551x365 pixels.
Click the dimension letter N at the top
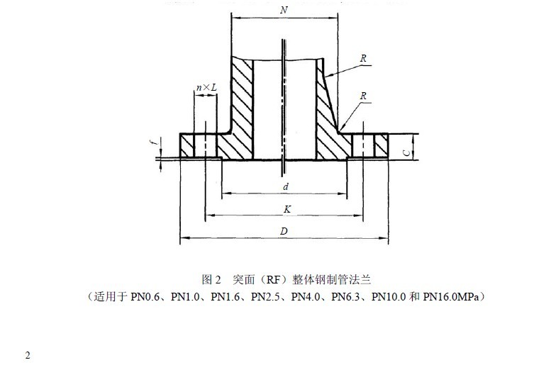tap(284, 10)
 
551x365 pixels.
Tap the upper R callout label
tap(363, 58)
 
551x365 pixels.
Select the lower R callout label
tap(363, 96)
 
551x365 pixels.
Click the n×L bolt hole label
tap(206, 87)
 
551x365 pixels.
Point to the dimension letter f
tap(152, 142)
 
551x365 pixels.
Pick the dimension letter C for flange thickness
tap(406, 152)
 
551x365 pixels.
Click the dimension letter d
tap(286, 186)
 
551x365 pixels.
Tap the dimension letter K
tap(287, 209)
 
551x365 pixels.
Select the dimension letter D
tap(284, 231)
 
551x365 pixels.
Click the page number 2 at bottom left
tap(28, 355)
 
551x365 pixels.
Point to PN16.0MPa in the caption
tap(451, 297)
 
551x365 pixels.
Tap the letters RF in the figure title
tap(273, 280)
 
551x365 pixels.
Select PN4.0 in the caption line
tap(306, 297)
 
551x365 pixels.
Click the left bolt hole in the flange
tap(205, 145)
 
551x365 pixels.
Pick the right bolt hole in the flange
tap(363, 145)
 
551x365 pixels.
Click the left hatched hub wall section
tap(242, 109)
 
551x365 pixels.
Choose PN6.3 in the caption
tap(346, 297)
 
